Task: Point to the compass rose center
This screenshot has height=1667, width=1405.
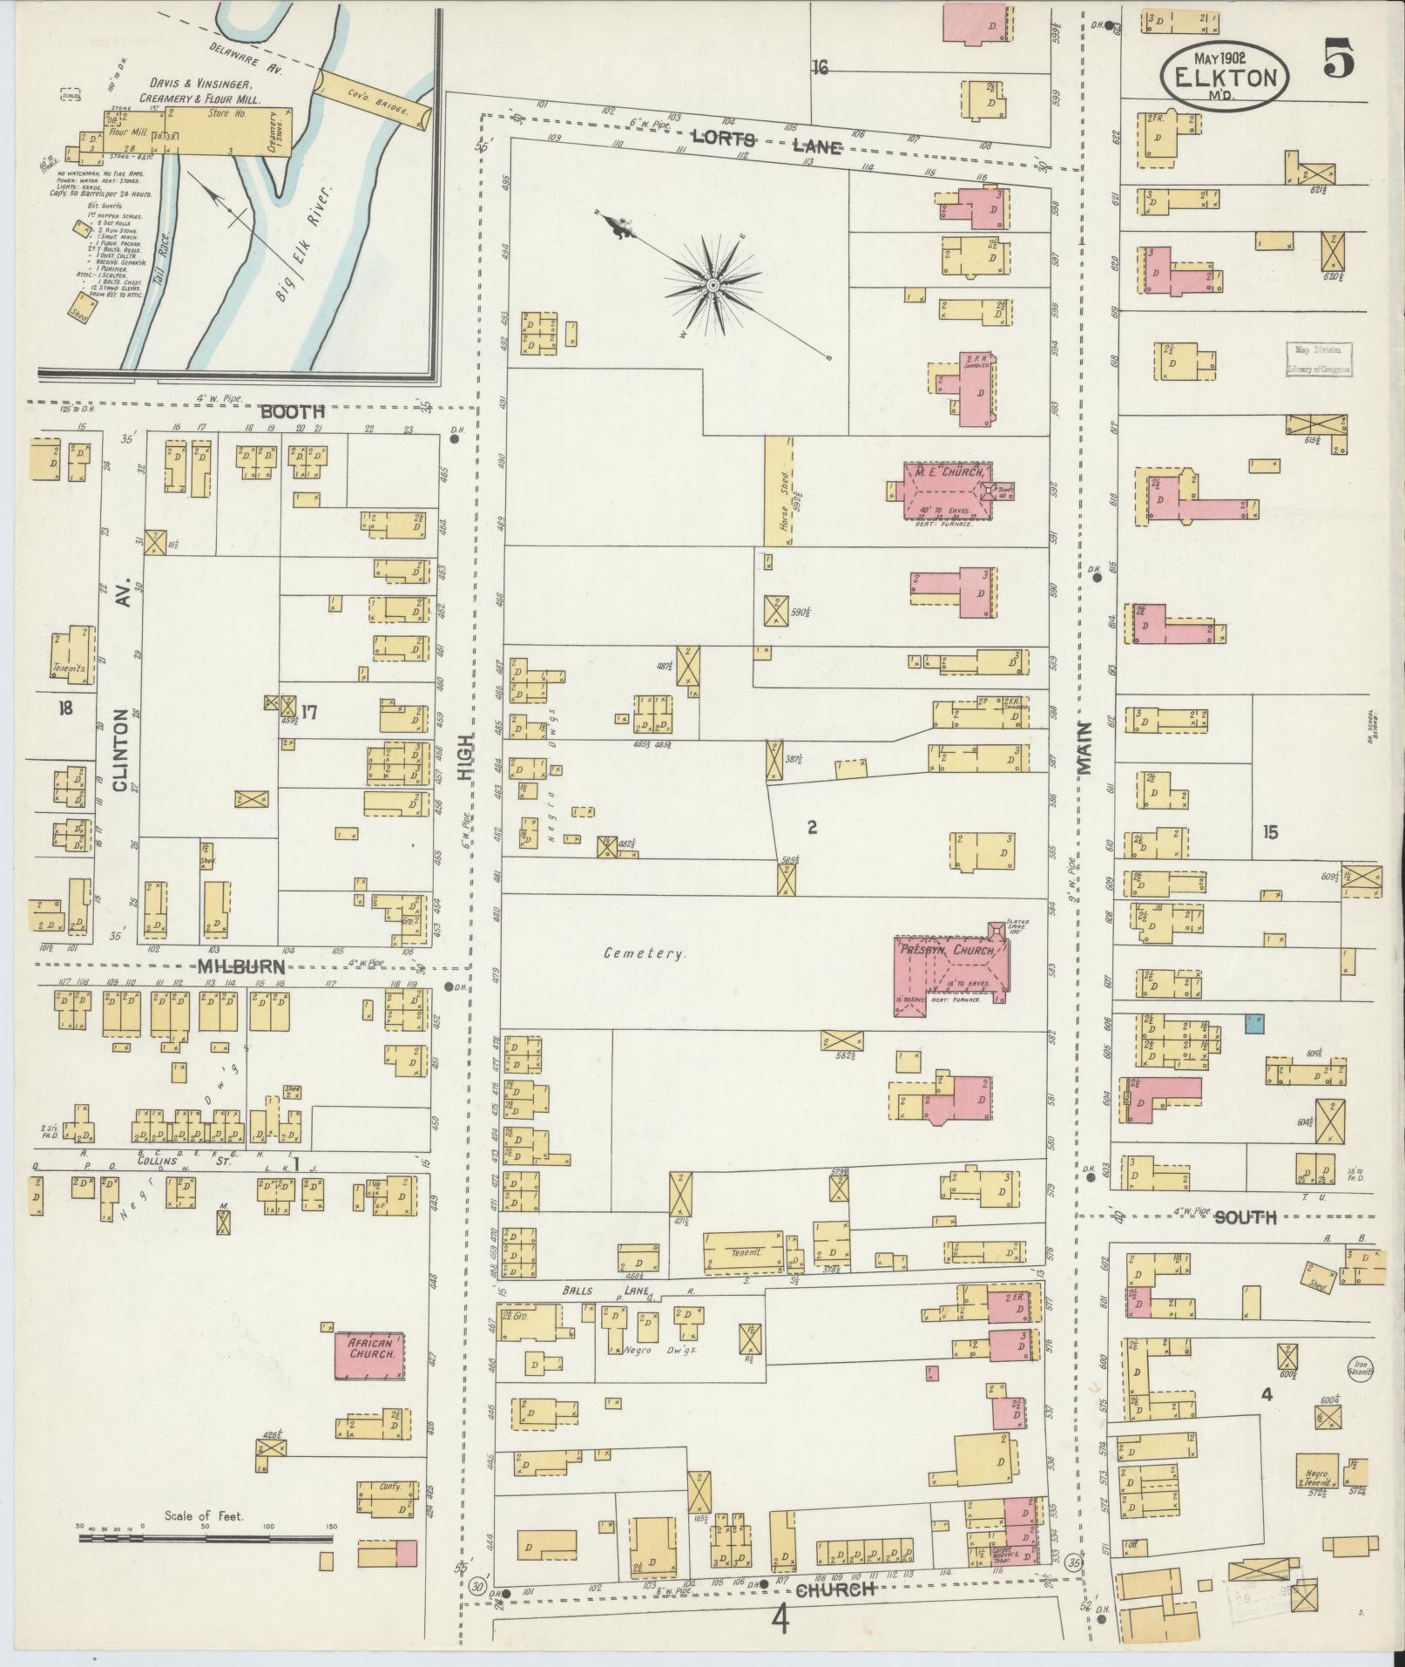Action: tap(713, 285)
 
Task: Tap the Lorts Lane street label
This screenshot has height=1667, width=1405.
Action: tap(767, 142)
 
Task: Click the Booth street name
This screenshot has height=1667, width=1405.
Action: tap(292, 411)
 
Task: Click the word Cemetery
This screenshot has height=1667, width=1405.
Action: tap(645, 953)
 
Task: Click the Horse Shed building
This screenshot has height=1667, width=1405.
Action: tap(779, 490)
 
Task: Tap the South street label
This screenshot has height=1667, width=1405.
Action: tap(1245, 1216)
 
